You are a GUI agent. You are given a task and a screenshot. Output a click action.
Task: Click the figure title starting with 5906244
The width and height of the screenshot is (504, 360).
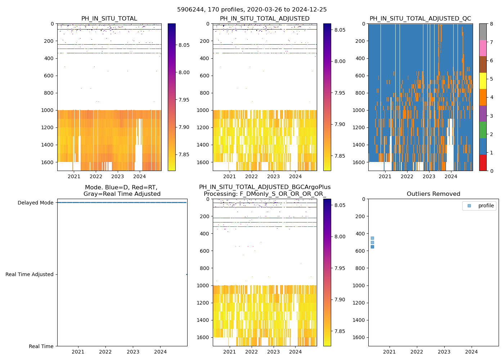pyautogui.click(x=252, y=10)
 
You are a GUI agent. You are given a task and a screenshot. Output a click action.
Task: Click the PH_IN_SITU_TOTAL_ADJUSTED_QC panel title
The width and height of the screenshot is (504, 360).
pyautogui.click(x=420, y=19)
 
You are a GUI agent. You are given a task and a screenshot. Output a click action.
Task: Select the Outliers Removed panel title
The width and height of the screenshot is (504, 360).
pyautogui.click(x=433, y=194)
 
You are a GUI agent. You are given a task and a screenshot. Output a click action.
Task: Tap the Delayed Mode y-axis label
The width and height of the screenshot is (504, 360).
pyautogui.click(x=36, y=203)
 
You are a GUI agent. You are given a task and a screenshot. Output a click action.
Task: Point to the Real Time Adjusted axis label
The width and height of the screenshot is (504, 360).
pyautogui.click(x=30, y=274)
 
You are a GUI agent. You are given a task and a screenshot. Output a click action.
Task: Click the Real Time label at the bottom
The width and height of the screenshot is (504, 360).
pyautogui.click(x=41, y=346)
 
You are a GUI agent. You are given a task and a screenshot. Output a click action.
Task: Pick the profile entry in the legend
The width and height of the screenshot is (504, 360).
pyautogui.click(x=486, y=206)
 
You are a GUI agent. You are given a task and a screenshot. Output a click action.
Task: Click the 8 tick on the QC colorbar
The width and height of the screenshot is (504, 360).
pyautogui.click(x=491, y=24)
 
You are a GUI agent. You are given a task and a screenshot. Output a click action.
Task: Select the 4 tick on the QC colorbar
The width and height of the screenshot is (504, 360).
pyautogui.click(x=491, y=97)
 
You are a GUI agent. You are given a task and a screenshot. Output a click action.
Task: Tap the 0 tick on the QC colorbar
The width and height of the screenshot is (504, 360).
pyautogui.click(x=491, y=171)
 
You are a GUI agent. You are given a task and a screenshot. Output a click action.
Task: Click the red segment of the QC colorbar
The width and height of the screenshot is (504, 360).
pyautogui.click(x=483, y=163)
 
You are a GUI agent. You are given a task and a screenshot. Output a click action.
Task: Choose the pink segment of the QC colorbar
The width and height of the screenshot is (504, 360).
pyautogui.click(x=483, y=48)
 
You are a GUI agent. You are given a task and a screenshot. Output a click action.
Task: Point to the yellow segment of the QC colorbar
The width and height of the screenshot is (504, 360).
pyautogui.click(x=483, y=81)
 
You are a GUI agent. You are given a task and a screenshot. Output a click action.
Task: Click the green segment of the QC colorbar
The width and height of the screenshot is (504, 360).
pyautogui.click(x=483, y=130)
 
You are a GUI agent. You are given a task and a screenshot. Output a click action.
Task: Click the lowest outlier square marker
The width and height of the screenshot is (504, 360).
pyautogui.click(x=372, y=247)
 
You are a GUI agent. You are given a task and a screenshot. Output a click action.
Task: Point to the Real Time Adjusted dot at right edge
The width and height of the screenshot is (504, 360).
pyautogui.click(x=186, y=274)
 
